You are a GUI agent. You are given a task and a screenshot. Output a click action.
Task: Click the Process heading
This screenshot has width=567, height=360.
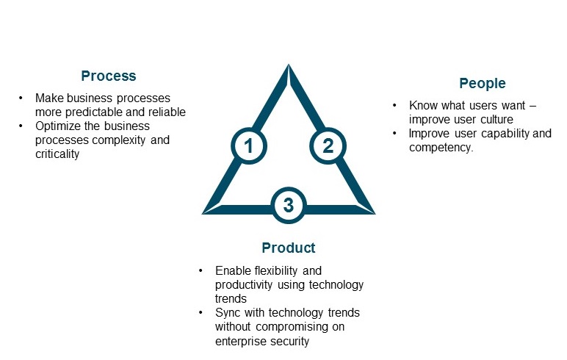(109, 76)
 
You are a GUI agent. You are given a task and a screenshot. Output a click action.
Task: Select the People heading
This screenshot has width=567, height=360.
(483, 83)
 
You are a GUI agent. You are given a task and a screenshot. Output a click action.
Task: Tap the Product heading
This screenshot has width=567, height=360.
(289, 248)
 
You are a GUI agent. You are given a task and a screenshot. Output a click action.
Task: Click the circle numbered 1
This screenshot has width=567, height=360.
(249, 145)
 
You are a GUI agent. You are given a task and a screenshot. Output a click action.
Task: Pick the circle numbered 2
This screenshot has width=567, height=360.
(328, 145)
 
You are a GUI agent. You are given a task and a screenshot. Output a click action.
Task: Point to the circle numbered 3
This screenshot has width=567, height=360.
(289, 205)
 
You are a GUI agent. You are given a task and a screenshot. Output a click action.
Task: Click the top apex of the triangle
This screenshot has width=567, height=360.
(289, 68)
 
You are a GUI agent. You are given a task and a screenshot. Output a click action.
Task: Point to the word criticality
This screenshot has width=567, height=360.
(57, 154)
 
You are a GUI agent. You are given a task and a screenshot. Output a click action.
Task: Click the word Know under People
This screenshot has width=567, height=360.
(423, 106)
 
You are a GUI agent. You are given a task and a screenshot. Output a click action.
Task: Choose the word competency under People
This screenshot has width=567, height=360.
(441, 147)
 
